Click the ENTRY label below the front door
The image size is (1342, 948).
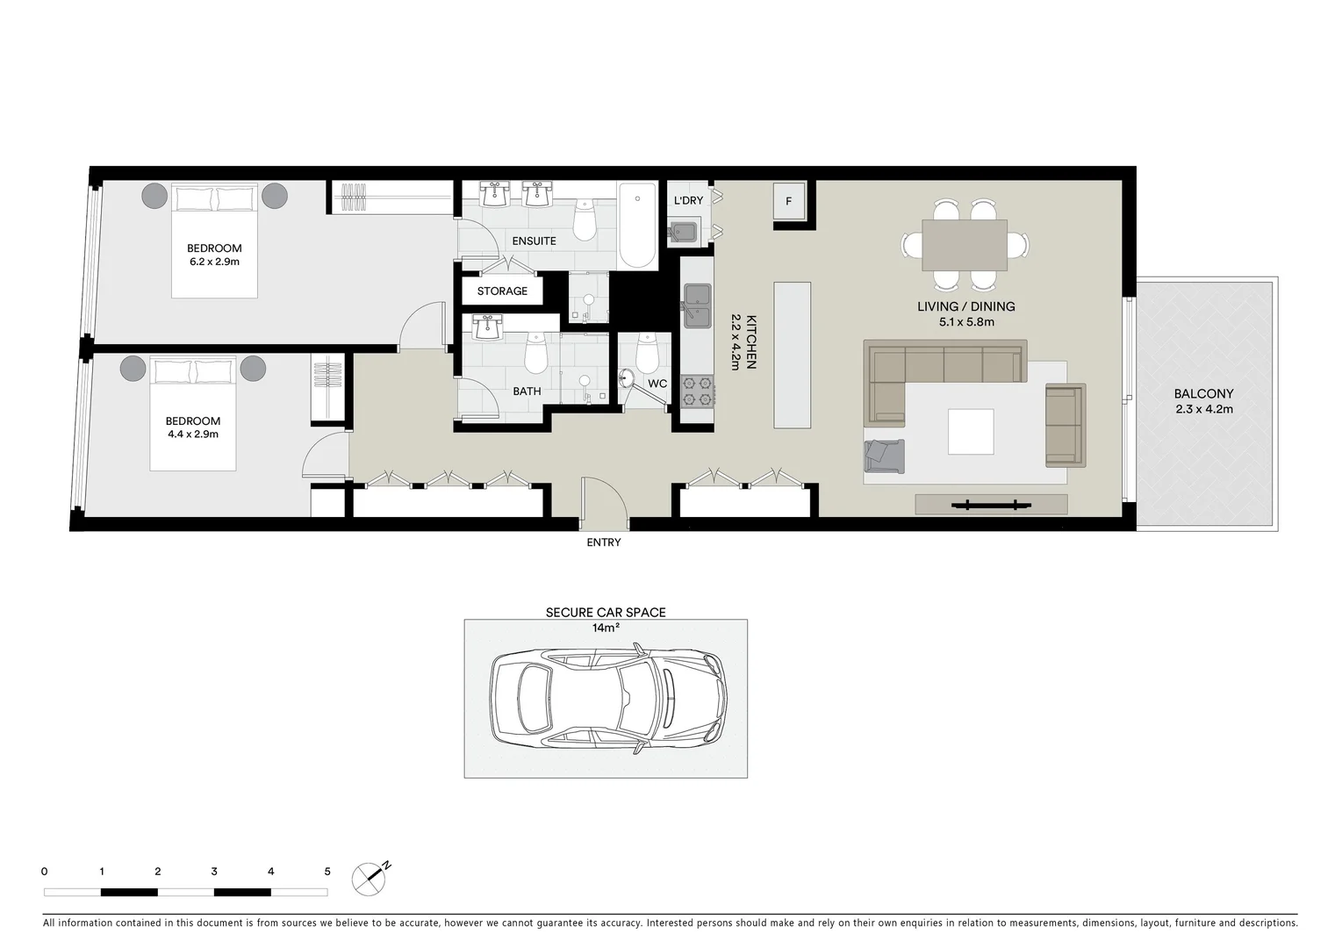pyautogui.click(x=603, y=542)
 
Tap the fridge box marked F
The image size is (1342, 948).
pyautogui.click(x=788, y=202)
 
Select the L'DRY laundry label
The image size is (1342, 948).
pyautogui.click(x=688, y=201)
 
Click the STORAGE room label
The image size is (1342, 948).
pyautogui.click(x=502, y=291)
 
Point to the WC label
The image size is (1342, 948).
pyautogui.click(x=657, y=384)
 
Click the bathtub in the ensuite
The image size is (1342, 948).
pyautogui.click(x=637, y=226)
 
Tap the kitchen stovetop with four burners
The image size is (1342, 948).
pyautogui.click(x=699, y=391)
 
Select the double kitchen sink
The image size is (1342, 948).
pyautogui.click(x=698, y=305)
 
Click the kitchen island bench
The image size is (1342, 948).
pyautogui.click(x=791, y=355)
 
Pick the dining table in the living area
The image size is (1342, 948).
pyautogui.click(x=964, y=245)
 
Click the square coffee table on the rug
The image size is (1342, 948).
pyautogui.click(x=970, y=432)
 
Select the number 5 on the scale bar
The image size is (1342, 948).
pyautogui.click(x=327, y=872)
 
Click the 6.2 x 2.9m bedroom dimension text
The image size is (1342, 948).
pyautogui.click(x=214, y=262)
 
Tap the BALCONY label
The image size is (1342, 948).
pyautogui.click(x=1203, y=394)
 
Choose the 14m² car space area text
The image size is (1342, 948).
pyautogui.click(x=606, y=628)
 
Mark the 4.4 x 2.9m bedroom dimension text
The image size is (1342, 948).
pyautogui.click(x=192, y=434)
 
